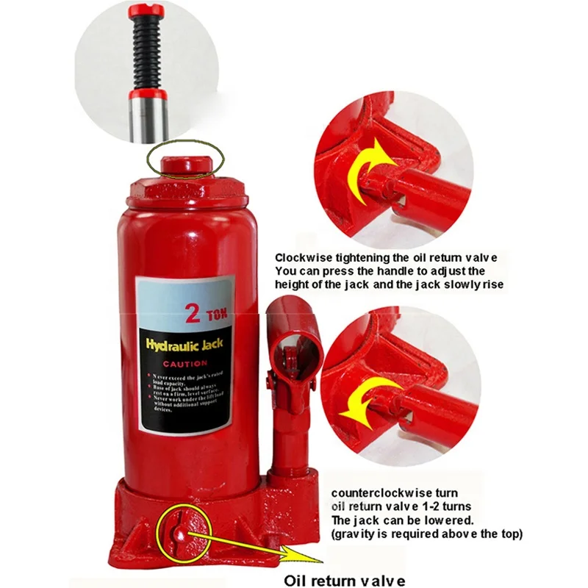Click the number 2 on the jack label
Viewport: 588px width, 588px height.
193,314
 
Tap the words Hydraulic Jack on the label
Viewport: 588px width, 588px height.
184,345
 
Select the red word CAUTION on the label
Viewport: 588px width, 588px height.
184,364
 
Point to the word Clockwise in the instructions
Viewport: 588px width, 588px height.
304,258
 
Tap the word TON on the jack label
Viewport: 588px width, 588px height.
217,316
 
